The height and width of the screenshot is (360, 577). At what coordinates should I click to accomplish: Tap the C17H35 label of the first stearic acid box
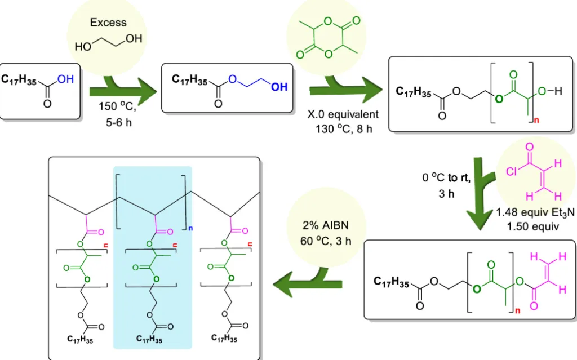point(19,82)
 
